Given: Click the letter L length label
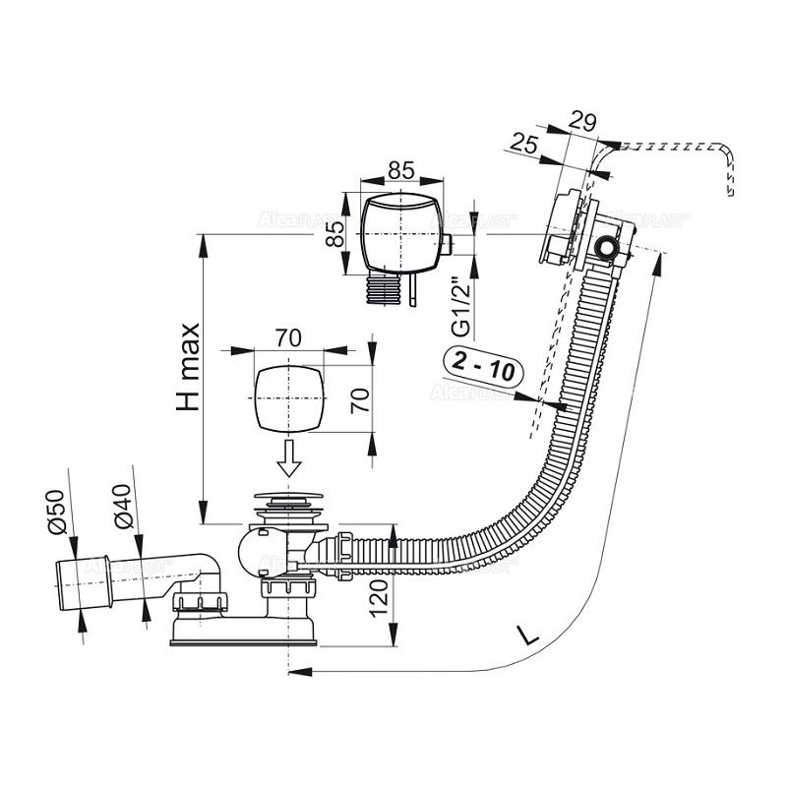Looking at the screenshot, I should [x=529, y=635].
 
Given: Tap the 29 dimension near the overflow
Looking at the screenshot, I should [x=583, y=121].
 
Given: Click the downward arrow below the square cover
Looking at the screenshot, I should [x=289, y=457].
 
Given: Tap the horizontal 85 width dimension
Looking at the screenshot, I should [x=398, y=169].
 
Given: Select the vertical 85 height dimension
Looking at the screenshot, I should [x=334, y=233].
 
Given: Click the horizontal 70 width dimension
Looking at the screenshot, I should [x=287, y=337].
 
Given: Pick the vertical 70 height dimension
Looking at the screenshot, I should [x=361, y=399].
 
